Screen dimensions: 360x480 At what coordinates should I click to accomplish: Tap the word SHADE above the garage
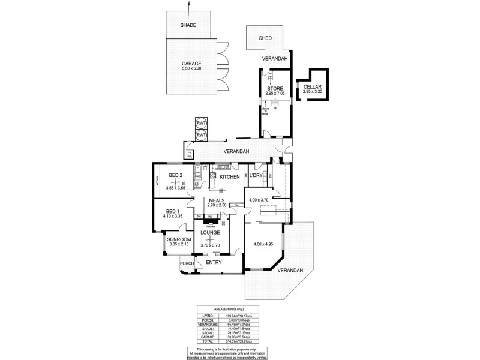pyautogui.click(x=191, y=25)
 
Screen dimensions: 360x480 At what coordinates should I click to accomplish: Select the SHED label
pyautogui.click(x=265, y=38)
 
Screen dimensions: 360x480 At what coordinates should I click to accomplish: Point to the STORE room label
pyautogui.click(x=275, y=89)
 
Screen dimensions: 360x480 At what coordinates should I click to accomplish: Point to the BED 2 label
pyautogui.click(x=175, y=175)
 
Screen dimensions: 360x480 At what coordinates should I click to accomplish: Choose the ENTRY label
pyautogui.click(x=214, y=262)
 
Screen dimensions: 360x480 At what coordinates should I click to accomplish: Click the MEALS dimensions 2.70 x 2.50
pyautogui.click(x=217, y=205)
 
